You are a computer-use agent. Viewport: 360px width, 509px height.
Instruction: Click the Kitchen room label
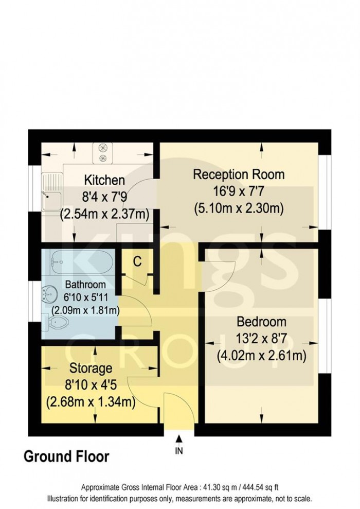point(104,180)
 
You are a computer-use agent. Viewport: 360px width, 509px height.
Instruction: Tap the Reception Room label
point(239,174)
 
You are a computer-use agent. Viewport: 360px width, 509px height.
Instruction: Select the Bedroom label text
point(261,322)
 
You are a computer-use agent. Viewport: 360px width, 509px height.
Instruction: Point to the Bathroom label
point(85,284)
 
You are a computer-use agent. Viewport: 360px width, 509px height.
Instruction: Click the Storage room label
point(91,368)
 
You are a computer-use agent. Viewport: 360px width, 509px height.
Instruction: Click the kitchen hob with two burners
point(102,152)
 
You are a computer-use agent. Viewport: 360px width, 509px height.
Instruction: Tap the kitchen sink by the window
point(51,194)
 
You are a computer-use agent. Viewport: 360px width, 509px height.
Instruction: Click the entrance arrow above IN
point(179,438)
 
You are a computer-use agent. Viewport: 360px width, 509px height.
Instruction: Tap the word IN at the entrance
point(179,451)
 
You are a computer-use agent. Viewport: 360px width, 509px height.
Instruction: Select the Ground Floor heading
point(66,456)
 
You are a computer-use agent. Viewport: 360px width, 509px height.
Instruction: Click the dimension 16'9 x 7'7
point(239,191)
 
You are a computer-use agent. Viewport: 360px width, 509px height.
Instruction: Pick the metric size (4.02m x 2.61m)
point(261,356)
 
